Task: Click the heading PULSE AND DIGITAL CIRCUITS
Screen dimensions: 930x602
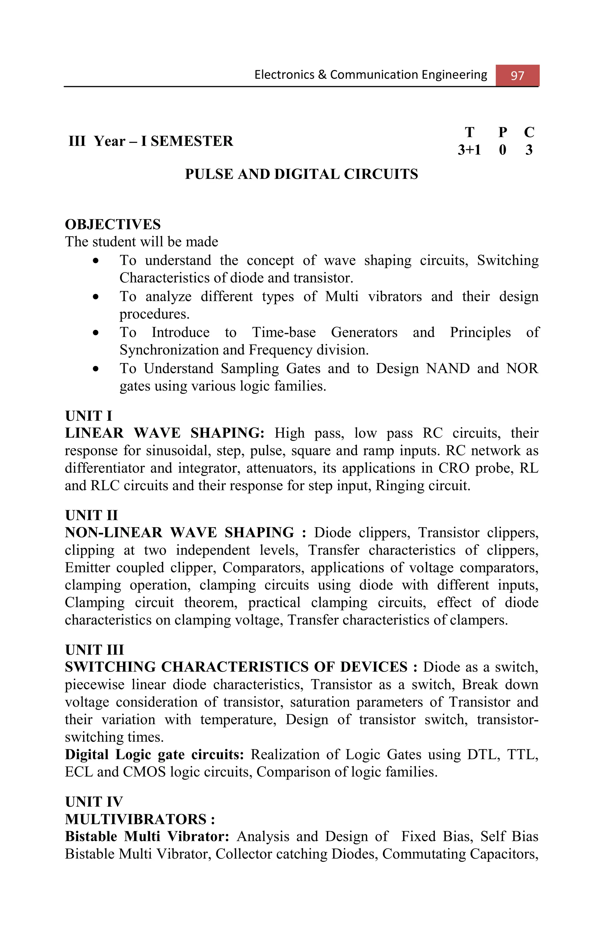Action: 301,174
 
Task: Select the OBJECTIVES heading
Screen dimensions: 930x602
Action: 113,225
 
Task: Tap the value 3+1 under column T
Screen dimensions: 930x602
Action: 469,150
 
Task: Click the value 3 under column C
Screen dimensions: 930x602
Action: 529,150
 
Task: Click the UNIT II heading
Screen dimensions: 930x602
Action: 91,515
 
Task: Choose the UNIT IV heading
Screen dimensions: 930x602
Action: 94,802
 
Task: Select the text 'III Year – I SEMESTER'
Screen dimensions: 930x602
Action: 151,141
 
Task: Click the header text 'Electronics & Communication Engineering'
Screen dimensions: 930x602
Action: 370,75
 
